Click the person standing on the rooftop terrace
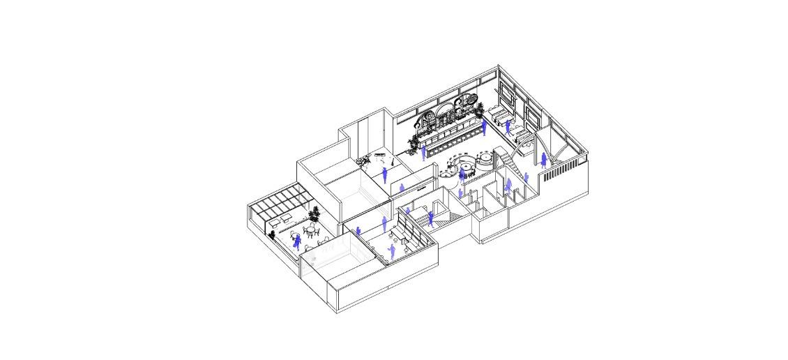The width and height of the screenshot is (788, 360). pos(298,241)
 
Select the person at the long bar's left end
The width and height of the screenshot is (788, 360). pos(423,153)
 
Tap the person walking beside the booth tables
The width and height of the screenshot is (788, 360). pos(508,126)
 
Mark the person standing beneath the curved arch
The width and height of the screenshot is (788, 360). pos(543,160)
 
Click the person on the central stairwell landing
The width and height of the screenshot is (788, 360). pos(431,218)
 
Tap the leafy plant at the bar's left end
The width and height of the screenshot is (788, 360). pos(414,145)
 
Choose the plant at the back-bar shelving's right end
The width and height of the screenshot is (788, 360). pos(480,107)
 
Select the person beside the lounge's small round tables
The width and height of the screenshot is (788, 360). pos(391,251)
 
